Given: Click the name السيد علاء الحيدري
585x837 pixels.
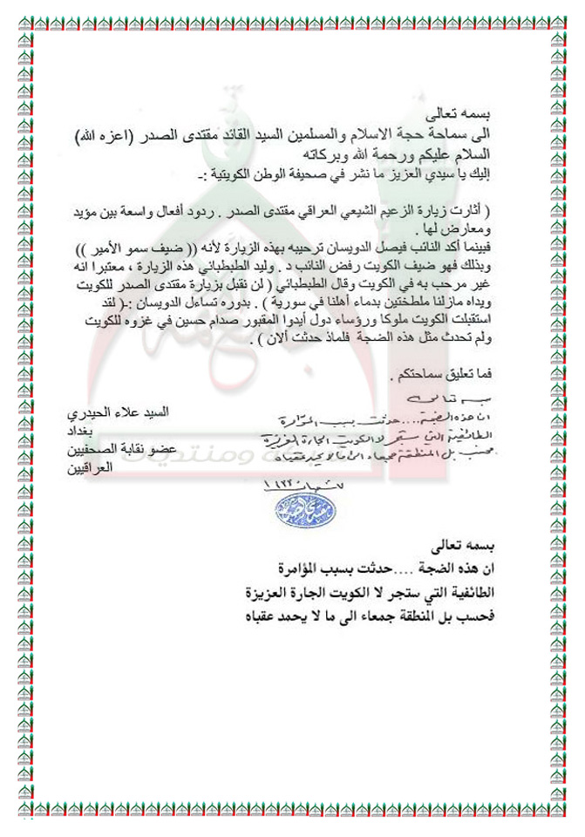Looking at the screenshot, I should (145, 409).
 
